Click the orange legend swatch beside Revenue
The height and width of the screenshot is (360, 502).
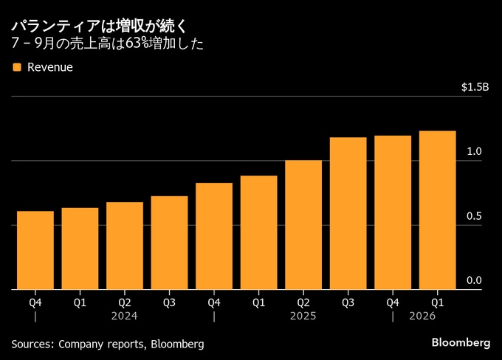coord(16,68)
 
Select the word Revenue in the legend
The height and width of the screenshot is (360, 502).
coord(49,68)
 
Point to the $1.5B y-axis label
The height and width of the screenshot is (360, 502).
coord(475,87)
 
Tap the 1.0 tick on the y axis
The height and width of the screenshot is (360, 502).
coord(475,151)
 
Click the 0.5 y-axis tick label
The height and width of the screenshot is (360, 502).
coord(475,216)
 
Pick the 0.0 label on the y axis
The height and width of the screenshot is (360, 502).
coord(475,280)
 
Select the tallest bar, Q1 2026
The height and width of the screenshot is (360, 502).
coord(437,210)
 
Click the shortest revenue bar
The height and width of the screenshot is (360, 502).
coord(35,250)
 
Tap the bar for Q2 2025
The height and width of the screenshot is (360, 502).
coord(303,225)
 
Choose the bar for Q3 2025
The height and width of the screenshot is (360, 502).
coord(348,213)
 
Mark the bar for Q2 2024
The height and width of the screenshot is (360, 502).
coord(125,246)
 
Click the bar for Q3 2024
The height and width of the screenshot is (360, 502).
coord(169,243)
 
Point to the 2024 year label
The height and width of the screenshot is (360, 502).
coord(124,316)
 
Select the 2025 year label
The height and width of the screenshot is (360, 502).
coord(303,316)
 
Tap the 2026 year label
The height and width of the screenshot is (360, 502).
coord(422,316)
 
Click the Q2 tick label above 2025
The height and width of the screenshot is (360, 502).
coord(303,301)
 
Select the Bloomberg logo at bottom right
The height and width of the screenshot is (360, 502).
coord(461,343)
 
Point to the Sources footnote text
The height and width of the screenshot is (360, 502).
coord(108,344)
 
